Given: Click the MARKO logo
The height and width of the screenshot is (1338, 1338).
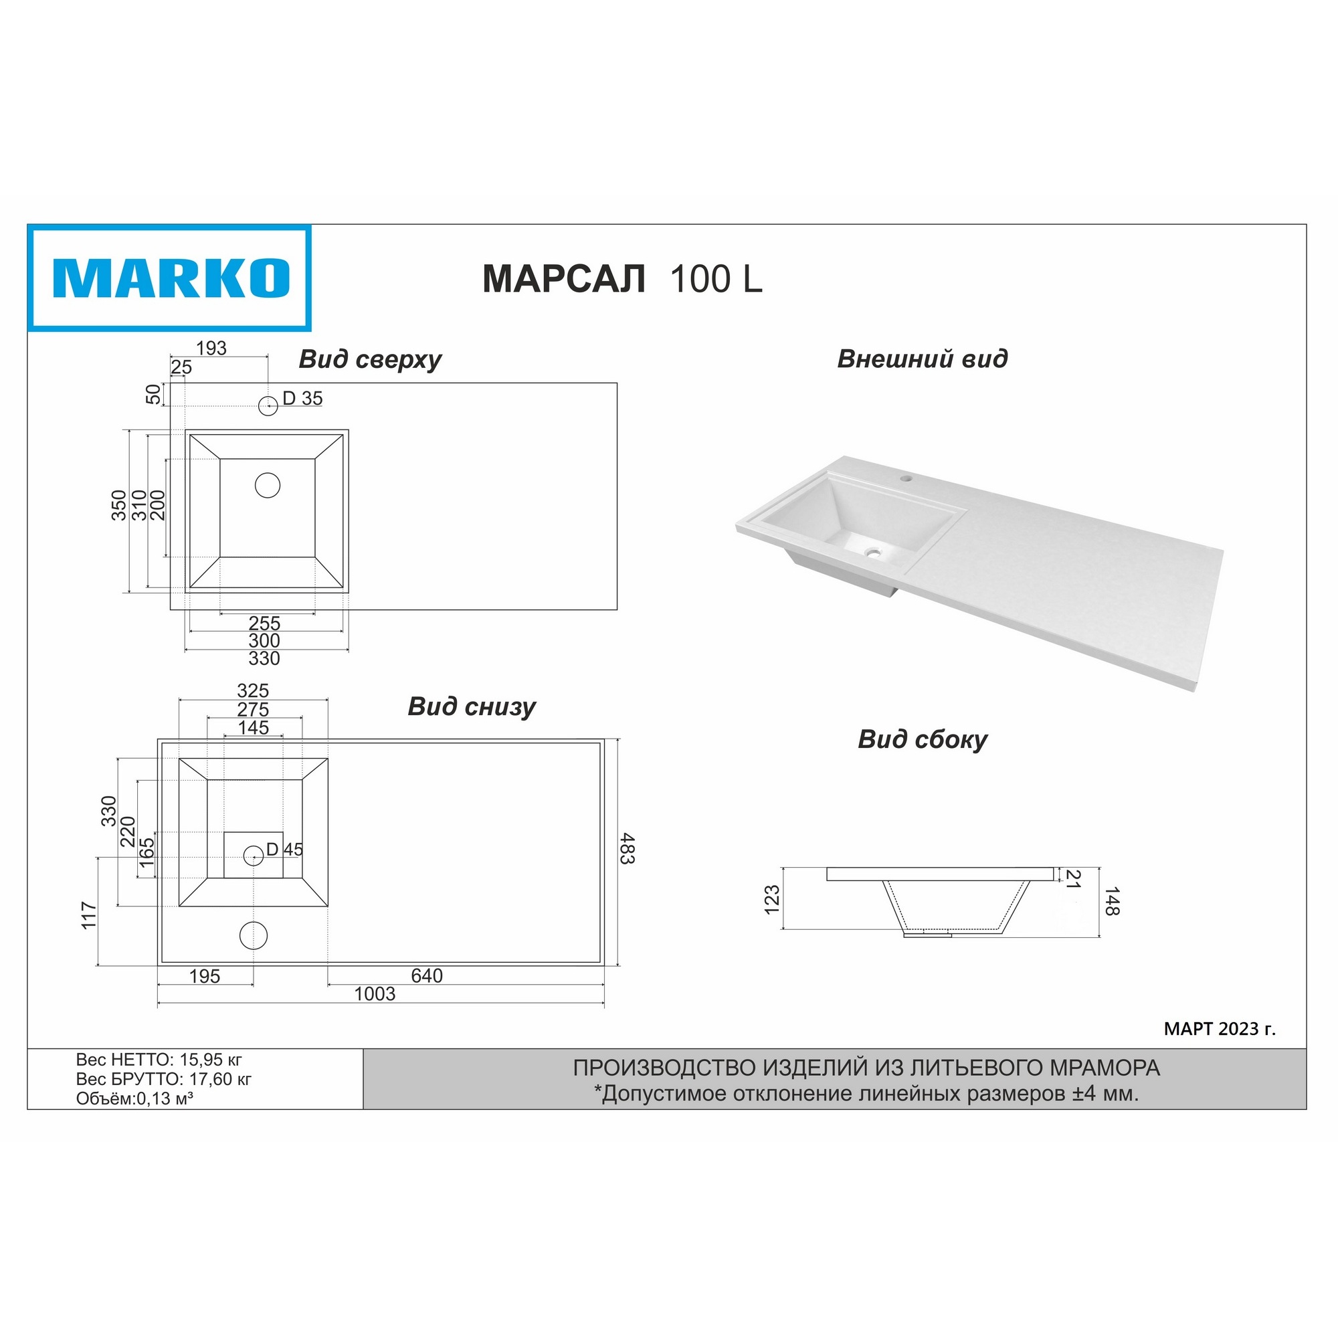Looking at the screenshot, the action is (x=170, y=278).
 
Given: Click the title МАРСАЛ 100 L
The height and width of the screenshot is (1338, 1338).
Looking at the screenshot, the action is (x=622, y=279).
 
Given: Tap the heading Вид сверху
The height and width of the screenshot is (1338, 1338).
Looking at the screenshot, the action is (x=370, y=360).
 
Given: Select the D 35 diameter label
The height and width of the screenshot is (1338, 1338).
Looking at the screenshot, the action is (x=302, y=398).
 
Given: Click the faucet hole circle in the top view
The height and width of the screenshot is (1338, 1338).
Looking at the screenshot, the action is (x=268, y=406).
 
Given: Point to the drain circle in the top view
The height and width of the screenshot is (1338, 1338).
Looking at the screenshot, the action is (x=268, y=486).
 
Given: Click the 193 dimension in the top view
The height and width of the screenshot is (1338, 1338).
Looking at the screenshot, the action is (x=211, y=349).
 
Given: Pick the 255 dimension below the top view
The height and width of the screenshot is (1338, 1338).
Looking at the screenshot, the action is (x=264, y=623).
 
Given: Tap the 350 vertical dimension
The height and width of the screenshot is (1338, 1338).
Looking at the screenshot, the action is (x=119, y=505).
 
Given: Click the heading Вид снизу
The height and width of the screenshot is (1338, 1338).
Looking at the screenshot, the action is (x=472, y=706).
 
